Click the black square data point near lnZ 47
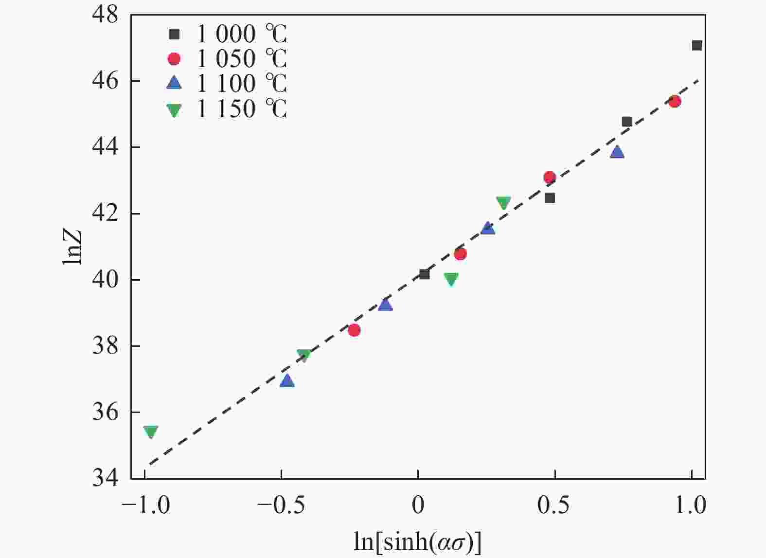(x=697, y=45)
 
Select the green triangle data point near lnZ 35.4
(x=150, y=432)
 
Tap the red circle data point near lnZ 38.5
(x=354, y=330)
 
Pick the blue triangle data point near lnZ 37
(x=287, y=380)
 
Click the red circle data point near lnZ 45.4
(x=675, y=101)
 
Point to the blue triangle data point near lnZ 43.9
(x=617, y=152)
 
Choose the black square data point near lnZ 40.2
(x=424, y=274)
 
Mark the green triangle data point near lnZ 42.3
(x=503, y=202)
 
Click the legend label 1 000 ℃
(x=242, y=34)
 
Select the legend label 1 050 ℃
(x=242, y=59)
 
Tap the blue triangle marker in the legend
(x=174, y=84)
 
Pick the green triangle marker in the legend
(x=174, y=110)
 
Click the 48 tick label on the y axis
(x=105, y=15)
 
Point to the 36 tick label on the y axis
(x=105, y=413)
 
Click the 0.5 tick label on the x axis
(x=553, y=505)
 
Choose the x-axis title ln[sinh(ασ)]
(x=417, y=541)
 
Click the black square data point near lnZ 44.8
(x=627, y=122)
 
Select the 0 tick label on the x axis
(x=418, y=505)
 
